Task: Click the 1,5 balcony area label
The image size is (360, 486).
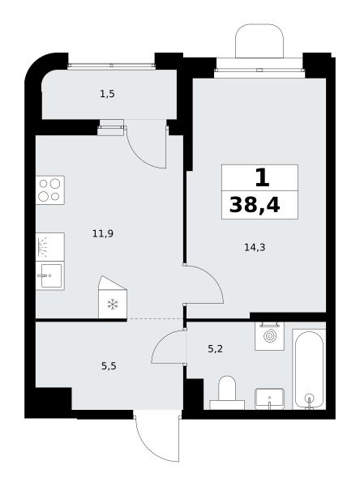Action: tap(107, 94)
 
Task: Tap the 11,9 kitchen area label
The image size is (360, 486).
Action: tap(103, 233)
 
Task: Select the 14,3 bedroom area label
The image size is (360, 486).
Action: tap(255, 247)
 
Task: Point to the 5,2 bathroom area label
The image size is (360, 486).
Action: tap(215, 349)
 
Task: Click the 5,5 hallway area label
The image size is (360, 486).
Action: tap(109, 366)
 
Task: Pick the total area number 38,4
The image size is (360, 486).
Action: tap(255, 205)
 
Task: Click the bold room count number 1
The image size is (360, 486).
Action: tap(262, 178)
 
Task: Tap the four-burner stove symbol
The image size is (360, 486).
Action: tap(50, 190)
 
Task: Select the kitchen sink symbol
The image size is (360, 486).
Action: tap(50, 275)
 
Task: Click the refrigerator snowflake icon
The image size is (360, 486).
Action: tap(113, 304)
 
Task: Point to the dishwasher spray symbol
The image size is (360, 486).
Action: tap(50, 247)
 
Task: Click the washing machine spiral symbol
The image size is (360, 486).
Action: tap(269, 336)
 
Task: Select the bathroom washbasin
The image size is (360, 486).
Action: tap(269, 399)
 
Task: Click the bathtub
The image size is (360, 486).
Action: tap(309, 369)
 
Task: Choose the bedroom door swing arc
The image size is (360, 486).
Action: tap(214, 276)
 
